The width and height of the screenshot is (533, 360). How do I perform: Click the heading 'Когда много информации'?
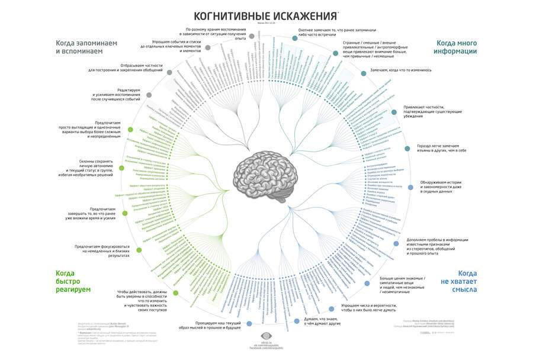tap(457, 47)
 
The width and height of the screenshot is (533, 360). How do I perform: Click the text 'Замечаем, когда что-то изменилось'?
tap(400, 70)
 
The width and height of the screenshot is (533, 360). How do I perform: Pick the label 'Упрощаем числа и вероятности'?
tap(368, 307)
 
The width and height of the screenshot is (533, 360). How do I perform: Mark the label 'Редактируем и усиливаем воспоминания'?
tap(117, 95)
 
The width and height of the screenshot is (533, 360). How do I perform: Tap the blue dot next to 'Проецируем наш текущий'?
tap(249, 323)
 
